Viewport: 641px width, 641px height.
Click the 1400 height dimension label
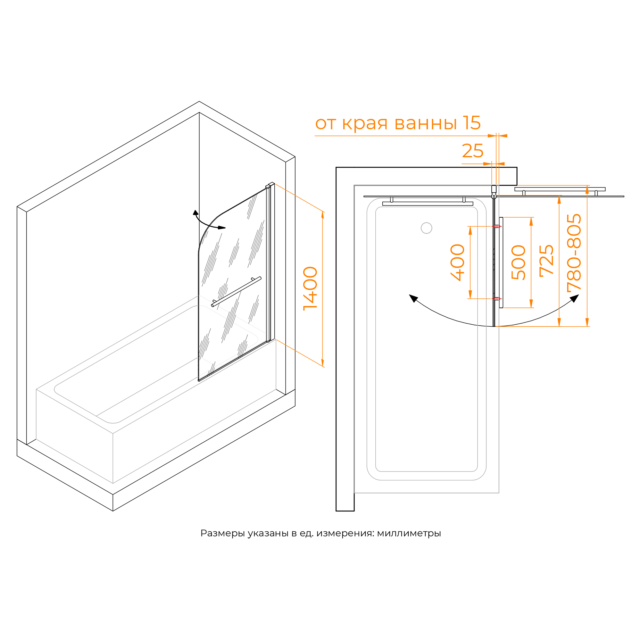coord(311,288)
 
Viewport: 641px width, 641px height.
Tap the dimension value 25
coord(472,151)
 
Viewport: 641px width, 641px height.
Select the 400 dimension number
coord(458,262)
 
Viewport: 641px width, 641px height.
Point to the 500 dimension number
coord(519,263)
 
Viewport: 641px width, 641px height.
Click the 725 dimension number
coord(546,261)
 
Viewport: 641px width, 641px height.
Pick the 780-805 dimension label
coord(574,252)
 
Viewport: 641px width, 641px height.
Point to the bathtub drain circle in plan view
coord(426,228)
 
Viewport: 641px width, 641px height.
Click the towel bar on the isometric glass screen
coord(236,292)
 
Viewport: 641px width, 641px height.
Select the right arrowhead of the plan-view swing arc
coord(575,298)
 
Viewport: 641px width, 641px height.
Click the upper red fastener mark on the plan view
coord(496,226)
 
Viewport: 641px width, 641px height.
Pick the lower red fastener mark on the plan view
coord(496,299)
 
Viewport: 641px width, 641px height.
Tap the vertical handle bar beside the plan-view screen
coord(501,262)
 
